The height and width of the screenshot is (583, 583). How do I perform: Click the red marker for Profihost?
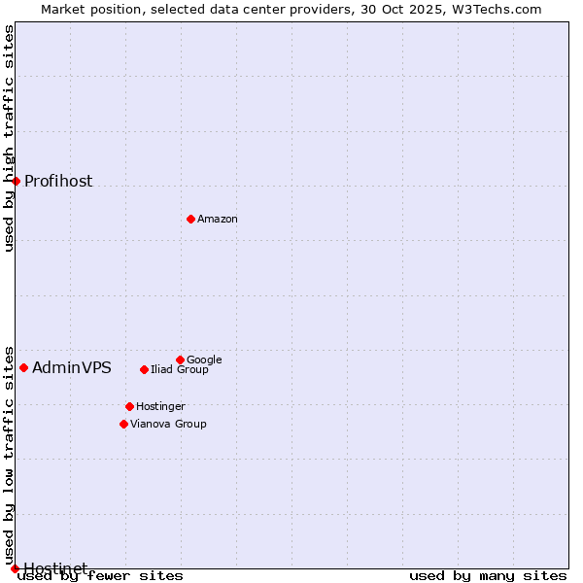16,181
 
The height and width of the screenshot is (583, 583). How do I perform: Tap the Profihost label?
58,182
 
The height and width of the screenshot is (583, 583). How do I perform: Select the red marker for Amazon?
190,219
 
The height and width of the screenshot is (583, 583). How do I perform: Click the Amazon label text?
218,220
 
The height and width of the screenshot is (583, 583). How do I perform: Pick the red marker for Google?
180,360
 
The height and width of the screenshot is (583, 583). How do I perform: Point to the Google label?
204,360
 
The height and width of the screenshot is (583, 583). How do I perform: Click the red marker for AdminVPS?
23,367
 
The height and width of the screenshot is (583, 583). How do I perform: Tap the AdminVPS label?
72,368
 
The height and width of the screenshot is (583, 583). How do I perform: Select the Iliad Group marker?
144,369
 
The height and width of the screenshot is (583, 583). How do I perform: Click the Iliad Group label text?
180,370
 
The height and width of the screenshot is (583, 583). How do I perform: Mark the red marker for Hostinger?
129,406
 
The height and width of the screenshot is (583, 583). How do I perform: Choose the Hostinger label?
160,407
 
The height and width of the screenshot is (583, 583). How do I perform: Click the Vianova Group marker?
123,424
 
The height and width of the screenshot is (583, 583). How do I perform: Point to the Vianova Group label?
168,425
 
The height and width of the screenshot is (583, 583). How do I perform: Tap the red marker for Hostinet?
15,568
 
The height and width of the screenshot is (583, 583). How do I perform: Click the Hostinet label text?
55,568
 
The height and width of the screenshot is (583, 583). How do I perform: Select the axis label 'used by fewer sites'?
100,576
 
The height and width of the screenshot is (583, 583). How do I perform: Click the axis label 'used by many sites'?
488,576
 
